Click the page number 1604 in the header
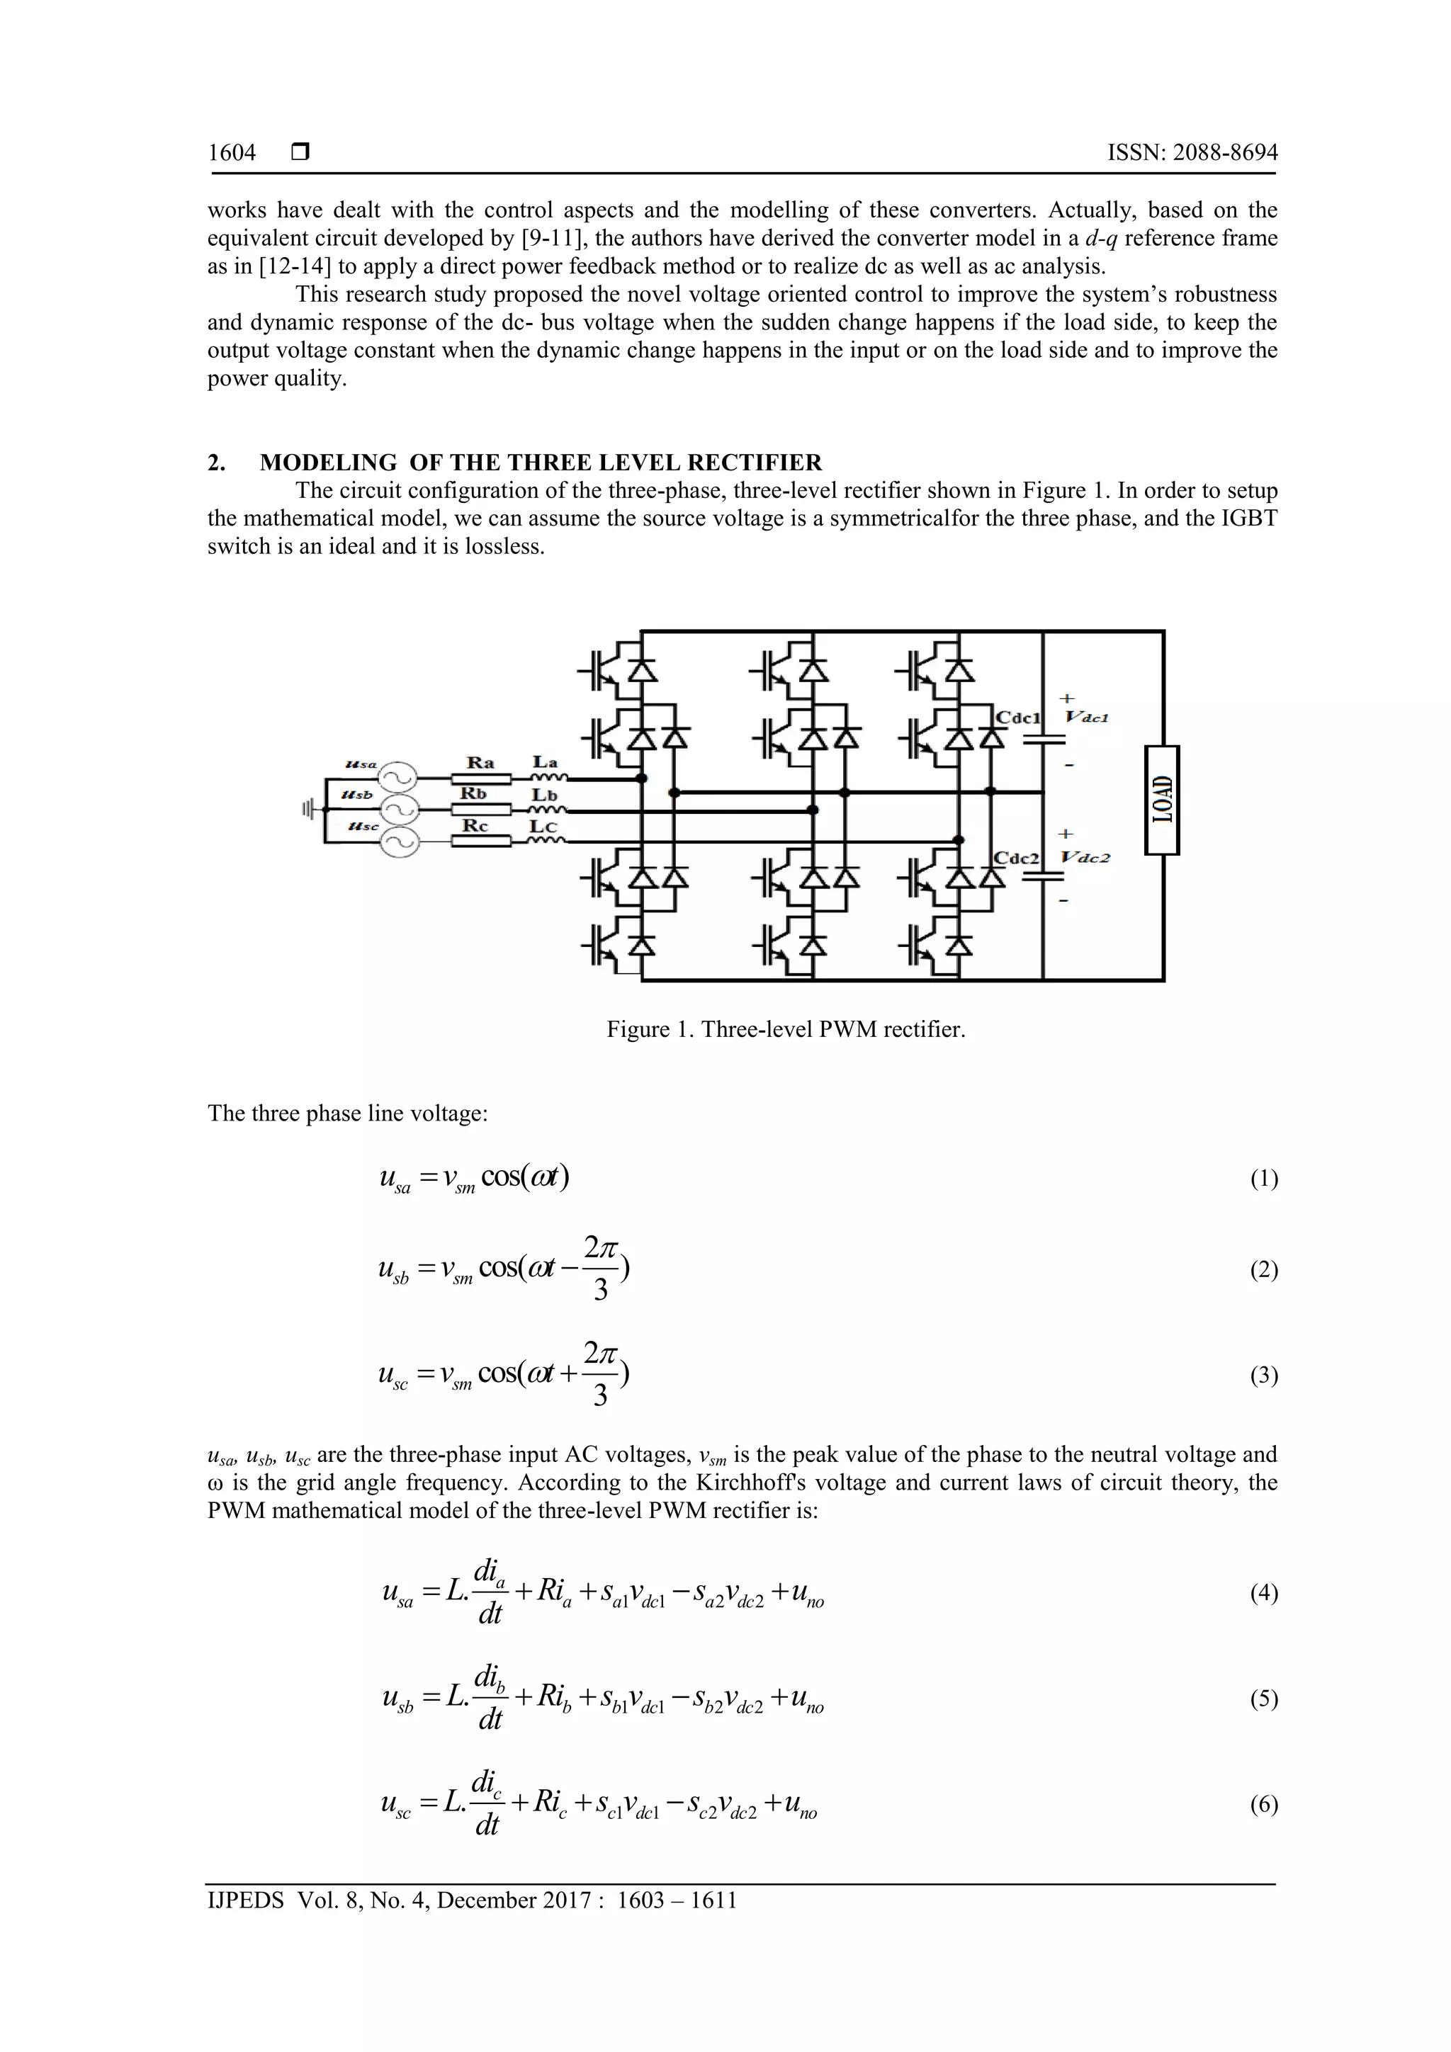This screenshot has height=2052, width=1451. pos(232,153)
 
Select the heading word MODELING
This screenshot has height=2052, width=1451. pos(328,463)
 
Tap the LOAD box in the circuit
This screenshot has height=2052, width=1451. pos(1162,800)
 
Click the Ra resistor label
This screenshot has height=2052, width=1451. pos(480,762)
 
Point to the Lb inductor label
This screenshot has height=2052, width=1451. pos(544,793)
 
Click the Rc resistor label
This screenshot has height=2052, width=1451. pos(475,826)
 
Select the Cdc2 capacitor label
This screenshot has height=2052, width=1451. pos(1018,858)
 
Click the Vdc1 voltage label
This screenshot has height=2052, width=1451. pos(1087,717)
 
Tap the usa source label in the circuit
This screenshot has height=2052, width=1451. pos(361,764)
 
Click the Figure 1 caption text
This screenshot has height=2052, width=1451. pos(786,1030)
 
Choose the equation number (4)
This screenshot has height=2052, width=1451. pos(1263,1592)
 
